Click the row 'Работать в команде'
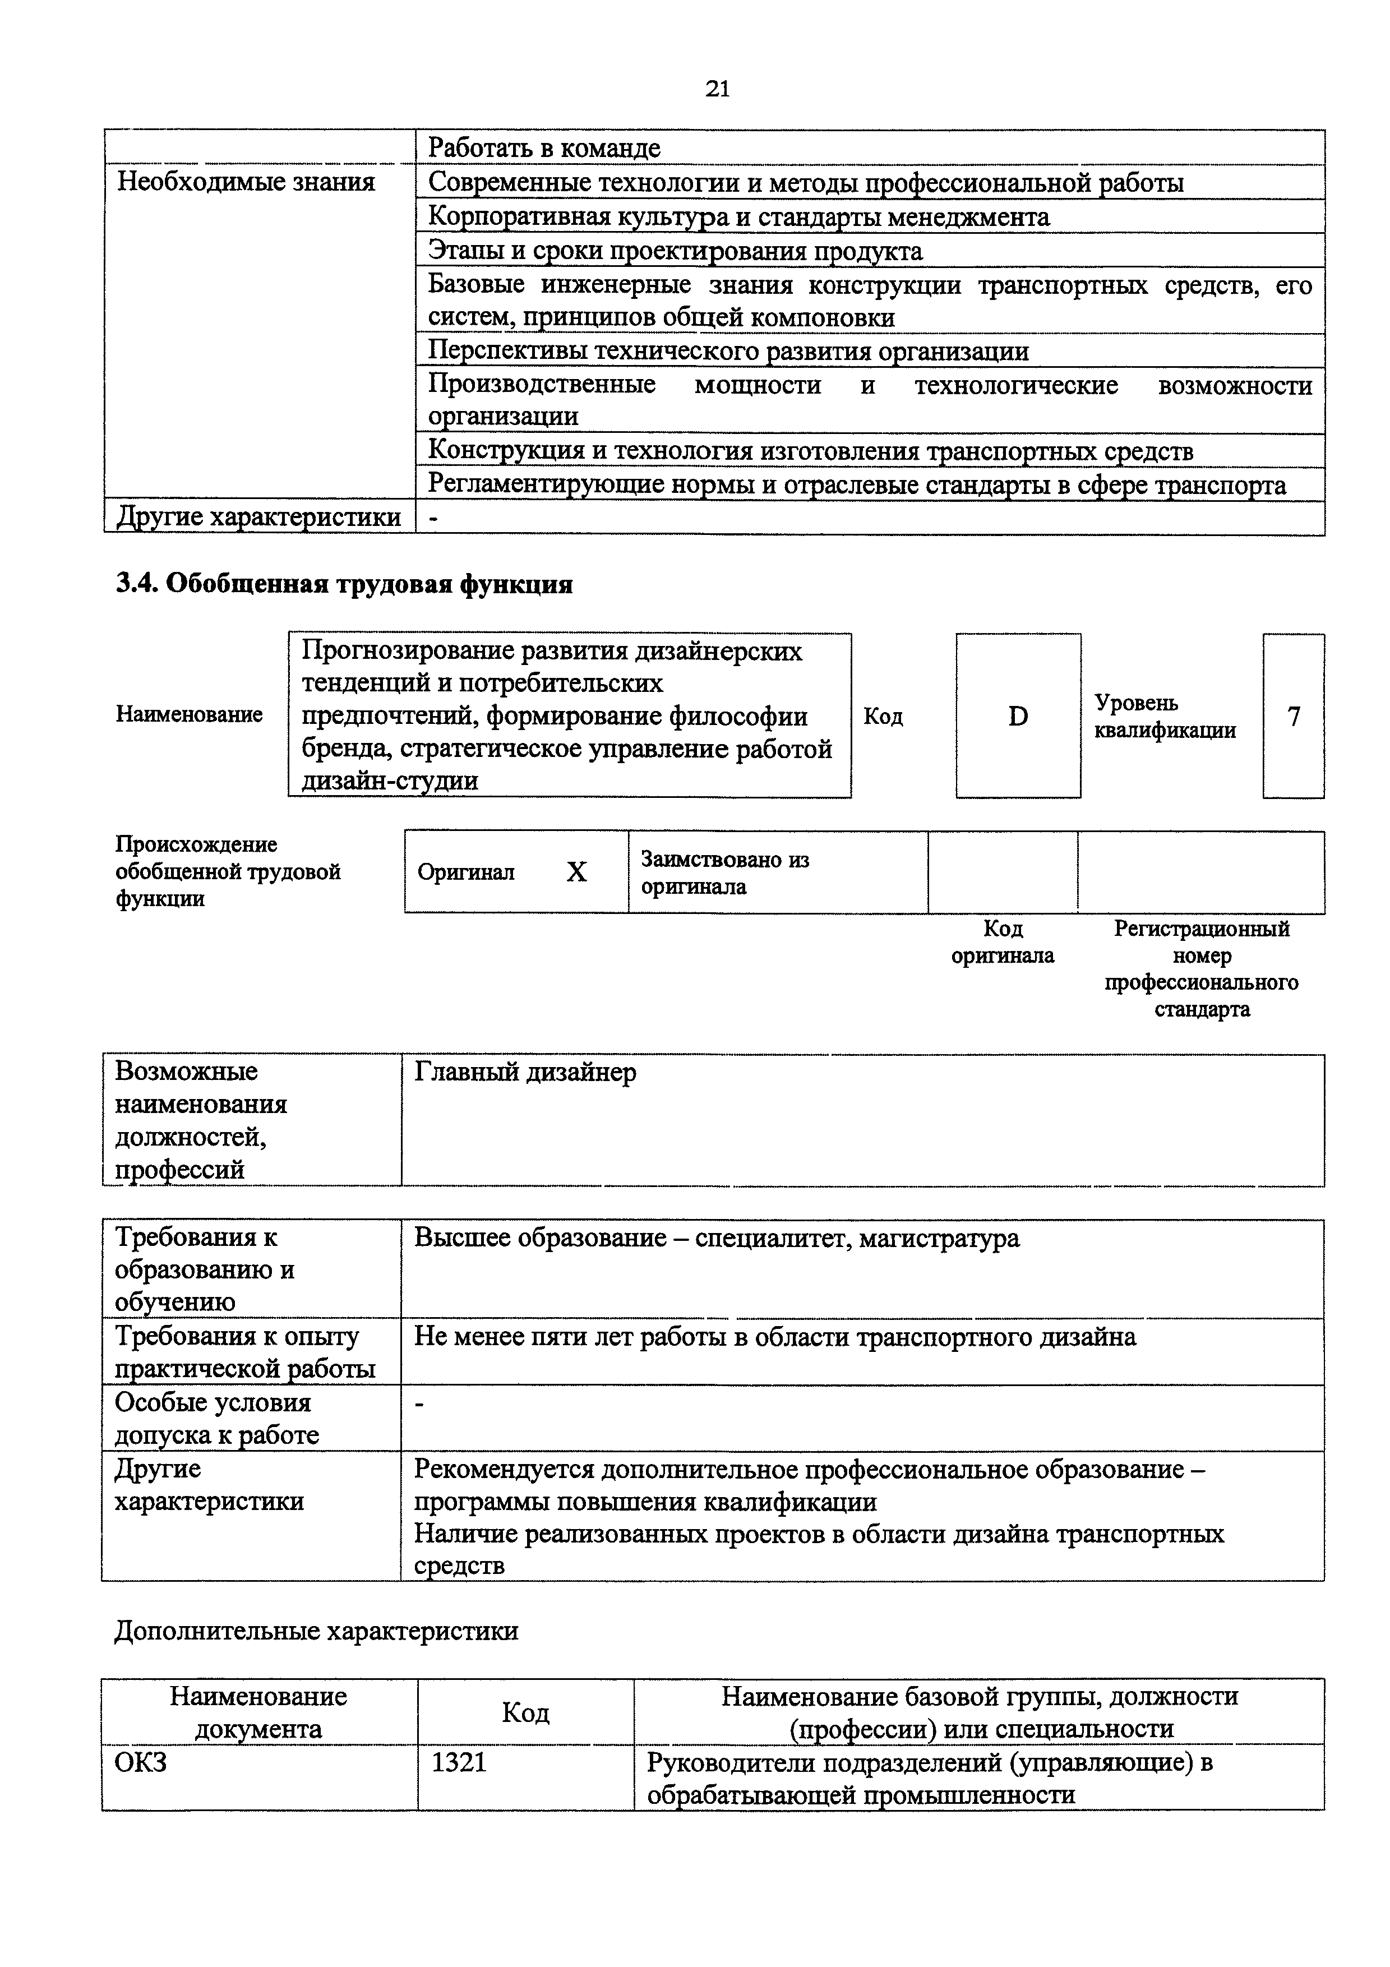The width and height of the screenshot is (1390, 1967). click(x=544, y=148)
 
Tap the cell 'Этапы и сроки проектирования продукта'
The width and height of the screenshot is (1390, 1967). click(x=675, y=251)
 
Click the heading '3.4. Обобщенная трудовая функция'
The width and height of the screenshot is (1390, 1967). click(x=344, y=584)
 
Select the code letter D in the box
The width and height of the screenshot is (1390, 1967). click(x=1018, y=716)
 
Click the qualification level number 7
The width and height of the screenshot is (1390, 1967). click(x=1293, y=716)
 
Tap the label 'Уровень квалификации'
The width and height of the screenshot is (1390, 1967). click(x=1165, y=716)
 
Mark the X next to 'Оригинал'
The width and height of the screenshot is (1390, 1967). click(x=576, y=872)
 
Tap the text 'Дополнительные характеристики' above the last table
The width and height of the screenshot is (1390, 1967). click(x=316, y=1631)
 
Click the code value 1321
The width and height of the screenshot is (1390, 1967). click(x=459, y=1763)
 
